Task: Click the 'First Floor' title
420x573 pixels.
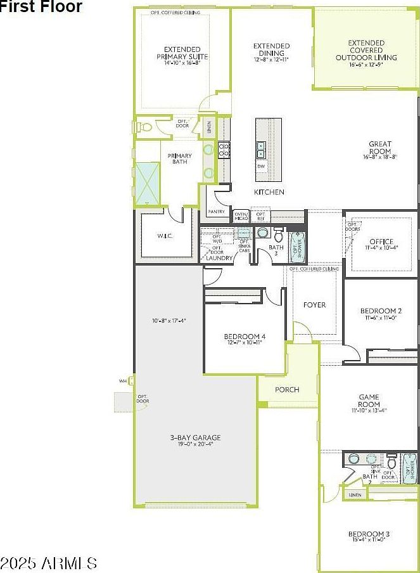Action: [x=42, y=7]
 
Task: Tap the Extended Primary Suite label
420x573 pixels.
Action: [x=182, y=54]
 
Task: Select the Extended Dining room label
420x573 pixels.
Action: [x=271, y=50]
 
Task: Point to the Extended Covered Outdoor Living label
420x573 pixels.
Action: [x=366, y=51]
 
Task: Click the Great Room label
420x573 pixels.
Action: [x=380, y=148]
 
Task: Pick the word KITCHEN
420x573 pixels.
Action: [x=269, y=192]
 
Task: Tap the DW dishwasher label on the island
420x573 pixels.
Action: [x=261, y=166]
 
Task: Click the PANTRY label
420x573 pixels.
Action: [x=216, y=212]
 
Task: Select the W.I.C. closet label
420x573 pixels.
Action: [x=165, y=236]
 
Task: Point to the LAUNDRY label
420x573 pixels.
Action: [x=219, y=258]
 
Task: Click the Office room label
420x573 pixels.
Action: [x=381, y=242]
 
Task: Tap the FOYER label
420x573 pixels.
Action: [x=314, y=305]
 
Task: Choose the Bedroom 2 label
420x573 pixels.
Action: [x=381, y=311]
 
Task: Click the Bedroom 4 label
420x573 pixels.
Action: [x=245, y=337]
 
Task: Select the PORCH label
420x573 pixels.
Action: [x=287, y=389]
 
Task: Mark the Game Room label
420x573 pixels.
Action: [x=369, y=401]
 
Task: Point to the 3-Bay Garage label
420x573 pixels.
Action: [x=195, y=438]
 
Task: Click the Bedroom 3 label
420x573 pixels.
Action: [x=369, y=535]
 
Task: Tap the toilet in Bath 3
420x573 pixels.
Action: [x=279, y=232]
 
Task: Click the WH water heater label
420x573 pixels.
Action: [x=123, y=381]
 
